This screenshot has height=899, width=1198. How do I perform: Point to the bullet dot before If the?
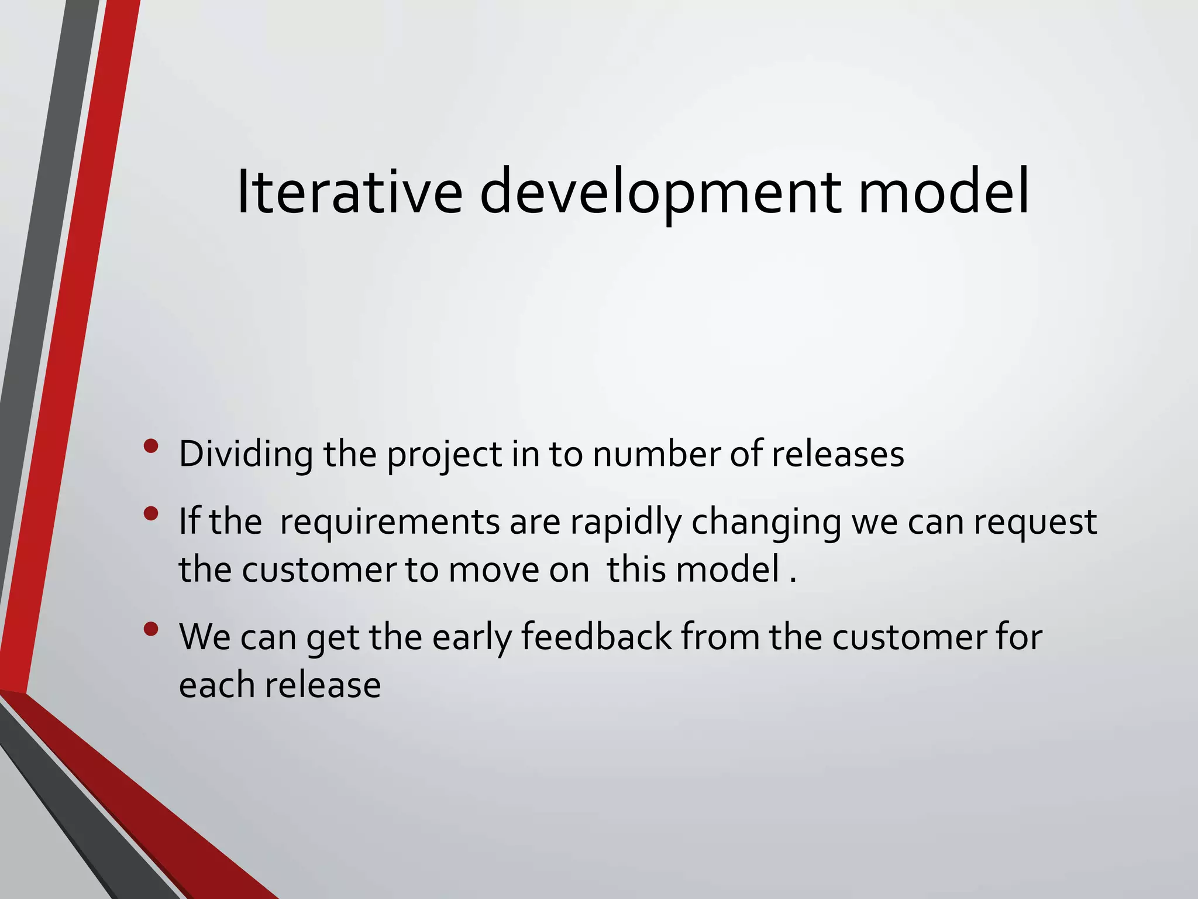[151, 514]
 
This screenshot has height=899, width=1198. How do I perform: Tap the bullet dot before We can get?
[151, 629]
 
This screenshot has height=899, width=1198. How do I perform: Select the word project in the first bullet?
[445, 455]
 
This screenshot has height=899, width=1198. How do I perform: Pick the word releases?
[838, 454]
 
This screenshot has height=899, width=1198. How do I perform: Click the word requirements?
[390, 522]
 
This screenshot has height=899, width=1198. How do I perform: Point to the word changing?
[766, 522]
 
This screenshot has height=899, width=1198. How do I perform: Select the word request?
[1035, 522]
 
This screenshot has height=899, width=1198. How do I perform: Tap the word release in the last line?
[322, 685]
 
